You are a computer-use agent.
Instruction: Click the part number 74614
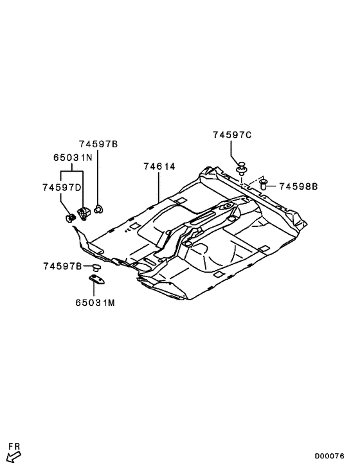[x=159, y=167]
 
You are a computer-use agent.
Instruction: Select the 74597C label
[x=232, y=135]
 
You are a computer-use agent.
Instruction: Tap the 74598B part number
[x=298, y=186]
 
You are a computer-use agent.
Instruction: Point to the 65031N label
[x=72, y=156]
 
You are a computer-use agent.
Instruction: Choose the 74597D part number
[x=62, y=188]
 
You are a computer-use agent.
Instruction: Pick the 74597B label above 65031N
[x=98, y=144]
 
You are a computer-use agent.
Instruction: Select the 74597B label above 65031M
[x=62, y=266]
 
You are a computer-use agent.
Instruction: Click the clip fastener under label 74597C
[x=242, y=169]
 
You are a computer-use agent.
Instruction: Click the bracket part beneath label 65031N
[x=84, y=213]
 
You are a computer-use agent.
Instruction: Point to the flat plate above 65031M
[x=98, y=278]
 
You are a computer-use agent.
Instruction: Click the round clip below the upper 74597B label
[x=99, y=208]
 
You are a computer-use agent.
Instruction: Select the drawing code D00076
[x=329, y=456]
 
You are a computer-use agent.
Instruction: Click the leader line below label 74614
[x=159, y=186]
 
